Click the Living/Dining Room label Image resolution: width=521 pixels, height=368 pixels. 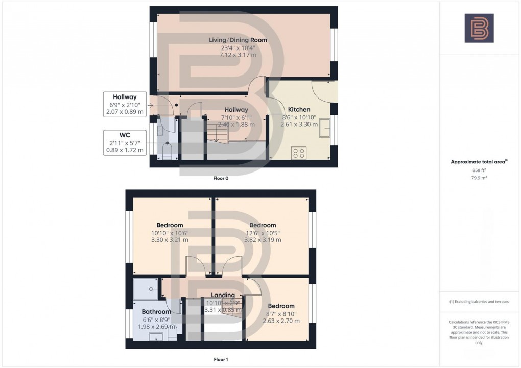click(x=238, y=40)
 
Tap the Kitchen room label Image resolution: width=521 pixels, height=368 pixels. click(x=299, y=109)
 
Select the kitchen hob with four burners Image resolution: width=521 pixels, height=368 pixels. click(x=299, y=153)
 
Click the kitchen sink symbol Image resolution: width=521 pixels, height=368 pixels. click(x=324, y=131)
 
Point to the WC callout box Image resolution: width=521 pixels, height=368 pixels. click(x=125, y=142)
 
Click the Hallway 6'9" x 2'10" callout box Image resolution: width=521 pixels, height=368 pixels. click(x=125, y=104)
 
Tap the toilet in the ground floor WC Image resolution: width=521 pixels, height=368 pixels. click(x=167, y=150)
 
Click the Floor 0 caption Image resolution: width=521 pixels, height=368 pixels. click(x=222, y=179)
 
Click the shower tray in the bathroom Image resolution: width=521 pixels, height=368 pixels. click(x=147, y=290)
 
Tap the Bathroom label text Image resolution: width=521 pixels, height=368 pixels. click(x=156, y=312)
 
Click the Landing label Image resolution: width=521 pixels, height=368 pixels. click(x=223, y=295)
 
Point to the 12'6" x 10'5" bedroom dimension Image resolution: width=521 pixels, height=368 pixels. click(x=263, y=233)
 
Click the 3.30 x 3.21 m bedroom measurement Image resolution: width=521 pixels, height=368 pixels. click(x=170, y=240)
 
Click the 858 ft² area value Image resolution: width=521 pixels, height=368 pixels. click(x=479, y=170)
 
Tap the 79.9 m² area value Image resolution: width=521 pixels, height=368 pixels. click(x=479, y=178)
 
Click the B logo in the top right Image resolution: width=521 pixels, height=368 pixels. click(x=479, y=28)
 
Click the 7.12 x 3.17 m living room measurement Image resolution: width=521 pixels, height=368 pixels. click(x=238, y=54)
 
